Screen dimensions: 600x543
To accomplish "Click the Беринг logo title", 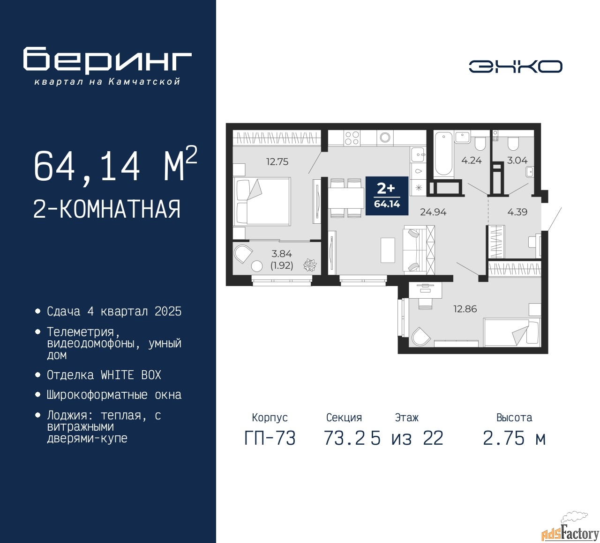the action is click(x=107, y=60).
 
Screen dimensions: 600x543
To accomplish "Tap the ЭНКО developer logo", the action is click(x=515, y=66).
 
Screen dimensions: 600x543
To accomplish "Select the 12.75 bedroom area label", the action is click(x=277, y=161).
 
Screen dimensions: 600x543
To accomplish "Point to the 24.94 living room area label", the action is click(x=433, y=212).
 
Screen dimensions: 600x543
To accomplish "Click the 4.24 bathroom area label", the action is click(x=472, y=161).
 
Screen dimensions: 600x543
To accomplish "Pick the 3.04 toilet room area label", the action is click(x=517, y=161).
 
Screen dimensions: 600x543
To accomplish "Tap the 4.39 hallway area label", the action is click(x=517, y=212).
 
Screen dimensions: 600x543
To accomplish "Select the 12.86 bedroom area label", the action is click(x=465, y=309).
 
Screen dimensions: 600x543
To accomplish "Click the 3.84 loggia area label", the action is click(x=281, y=254).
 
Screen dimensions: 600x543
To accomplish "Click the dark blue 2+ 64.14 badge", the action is click(x=387, y=196).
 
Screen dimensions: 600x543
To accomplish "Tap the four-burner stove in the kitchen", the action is click(x=352, y=138).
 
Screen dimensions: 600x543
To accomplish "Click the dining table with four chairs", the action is click(x=346, y=198).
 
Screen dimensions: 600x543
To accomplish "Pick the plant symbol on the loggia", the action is click(x=310, y=265).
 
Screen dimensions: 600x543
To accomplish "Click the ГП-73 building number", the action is click(x=270, y=439).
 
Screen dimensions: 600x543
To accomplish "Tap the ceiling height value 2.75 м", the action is click(x=514, y=439).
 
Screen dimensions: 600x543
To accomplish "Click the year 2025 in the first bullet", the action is click(x=168, y=312).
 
